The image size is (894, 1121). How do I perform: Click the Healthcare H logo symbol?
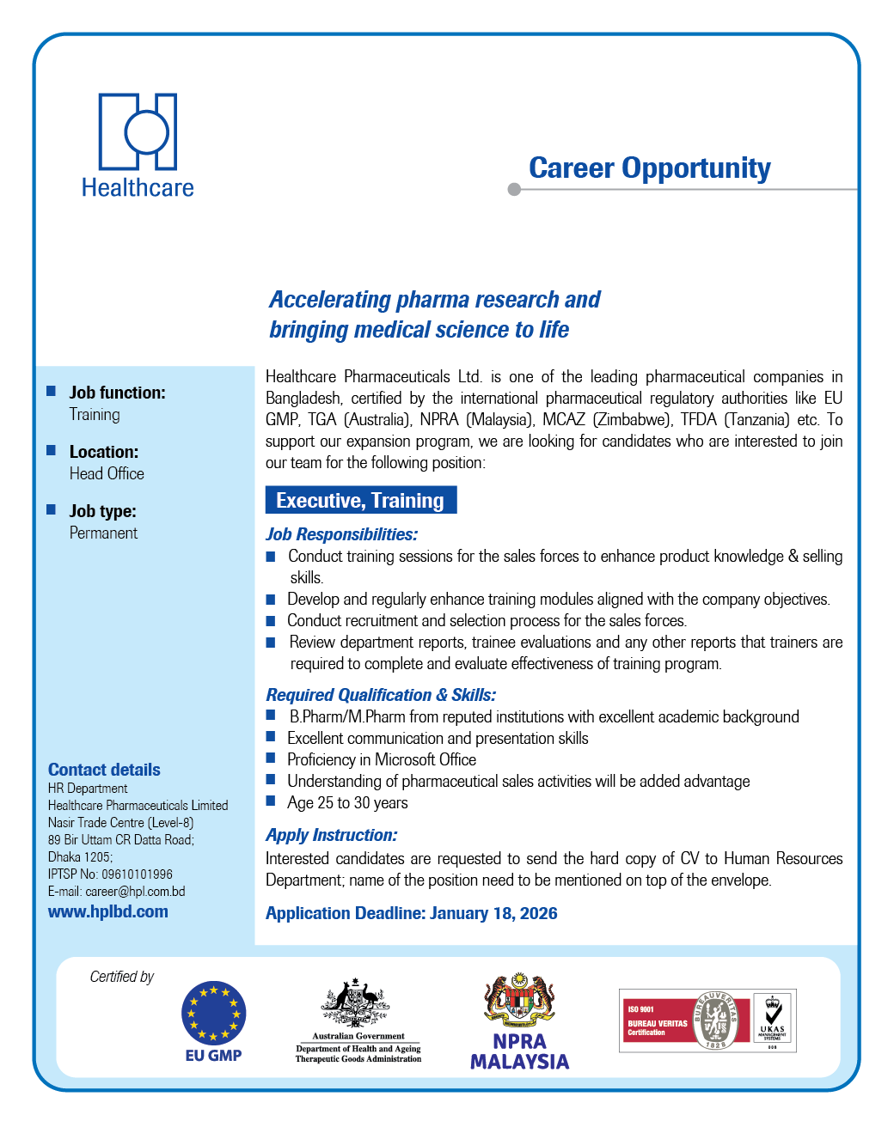tap(138, 131)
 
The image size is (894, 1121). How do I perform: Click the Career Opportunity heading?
tap(649, 168)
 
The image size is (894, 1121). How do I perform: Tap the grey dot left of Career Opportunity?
tap(514, 189)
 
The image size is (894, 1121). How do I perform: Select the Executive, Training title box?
tap(360, 500)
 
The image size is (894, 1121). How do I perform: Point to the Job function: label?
tap(117, 393)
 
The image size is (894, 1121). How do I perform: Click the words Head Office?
tap(107, 473)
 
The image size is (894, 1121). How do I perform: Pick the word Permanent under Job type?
tap(103, 533)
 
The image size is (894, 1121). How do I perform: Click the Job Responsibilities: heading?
tap(341, 534)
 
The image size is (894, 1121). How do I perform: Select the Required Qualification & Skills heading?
tap(381, 695)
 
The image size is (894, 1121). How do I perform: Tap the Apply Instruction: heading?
tap(331, 835)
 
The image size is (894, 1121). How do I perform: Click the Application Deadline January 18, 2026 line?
tap(411, 913)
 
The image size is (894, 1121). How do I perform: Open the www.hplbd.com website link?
tap(108, 911)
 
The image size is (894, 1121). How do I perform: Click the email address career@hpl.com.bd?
tap(135, 892)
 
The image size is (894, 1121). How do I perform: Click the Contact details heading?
tap(104, 770)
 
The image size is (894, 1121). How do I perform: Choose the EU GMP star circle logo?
tap(213, 1014)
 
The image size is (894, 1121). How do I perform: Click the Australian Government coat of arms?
tap(356, 1002)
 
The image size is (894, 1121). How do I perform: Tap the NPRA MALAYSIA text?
tap(519, 1051)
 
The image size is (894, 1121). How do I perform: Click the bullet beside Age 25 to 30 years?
tap(271, 801)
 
